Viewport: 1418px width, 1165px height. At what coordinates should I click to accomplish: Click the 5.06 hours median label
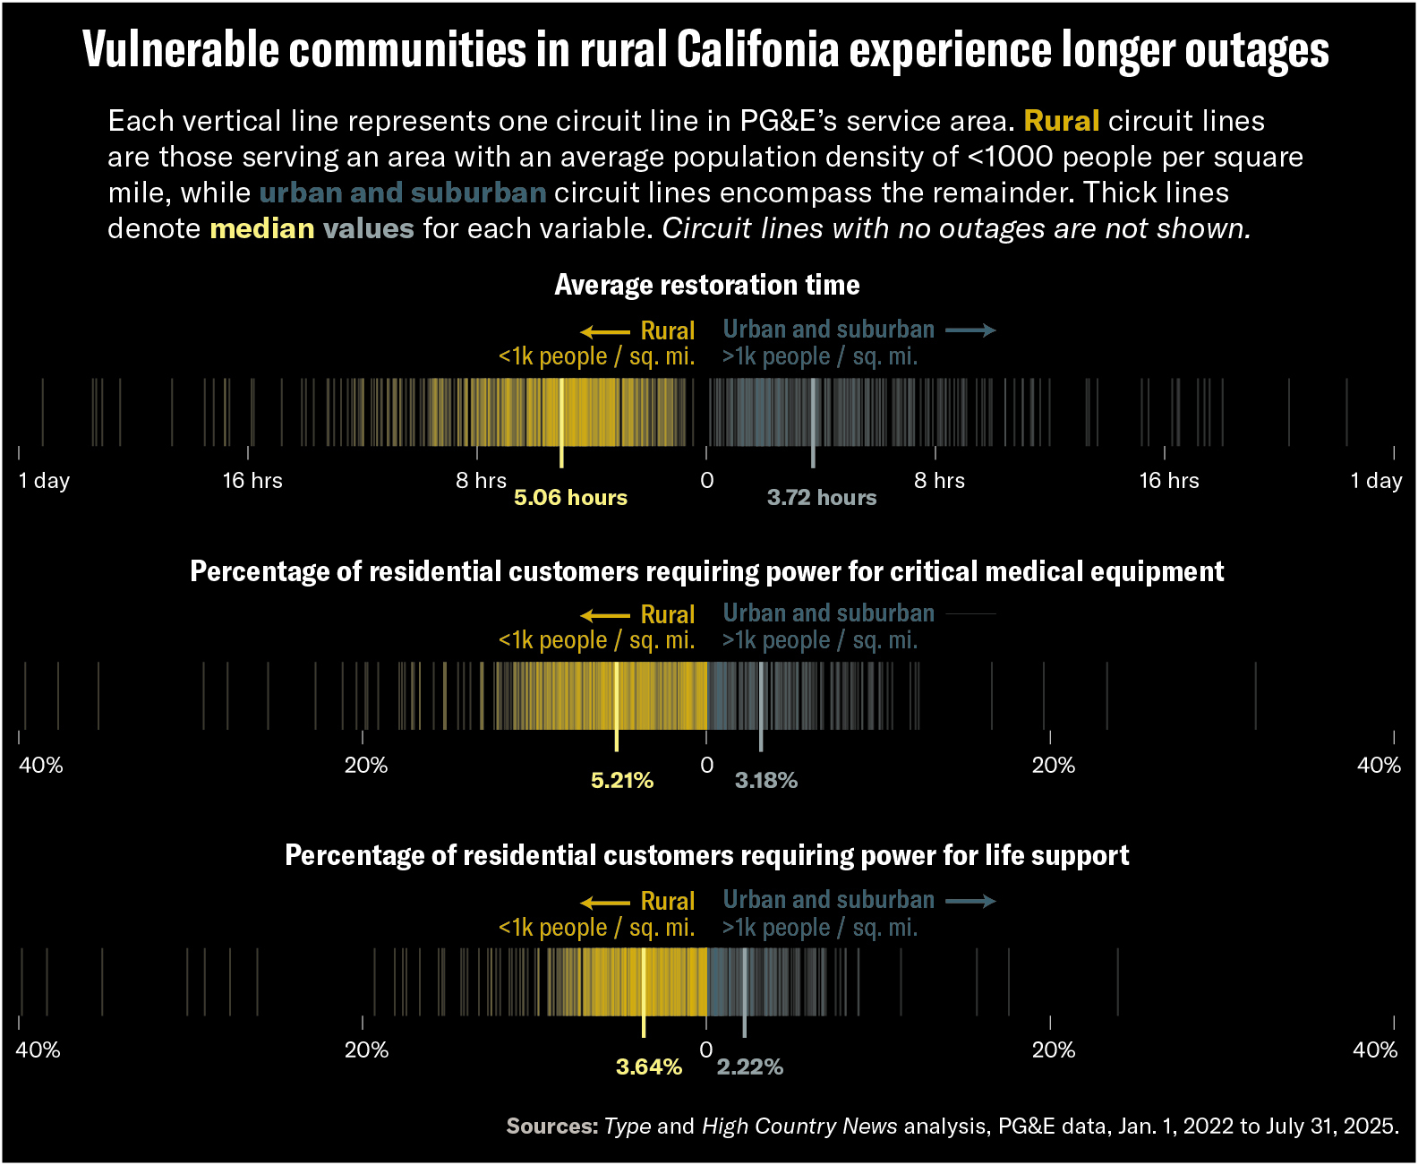pyautogui.click(x=570, y=498)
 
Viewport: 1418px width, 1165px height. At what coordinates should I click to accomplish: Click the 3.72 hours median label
pyautogui.click(x=822, y=498)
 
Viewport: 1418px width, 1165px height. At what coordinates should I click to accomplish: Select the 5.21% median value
pyautogui.click(x=622, y=781)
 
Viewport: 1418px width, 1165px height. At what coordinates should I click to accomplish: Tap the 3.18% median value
pyautogui.click(x=766, y=781)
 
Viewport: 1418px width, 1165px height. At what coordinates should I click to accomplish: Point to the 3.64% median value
pyautogui.click(x=649, y=1067)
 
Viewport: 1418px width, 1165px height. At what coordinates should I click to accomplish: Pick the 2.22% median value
pyautogui.click(x=750, y=1067)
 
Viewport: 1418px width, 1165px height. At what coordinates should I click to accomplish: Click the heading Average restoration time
pyautogui.click(x=707, y=285)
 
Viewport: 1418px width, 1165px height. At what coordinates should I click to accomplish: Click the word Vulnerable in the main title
pyautogui.click(x=181, y=50)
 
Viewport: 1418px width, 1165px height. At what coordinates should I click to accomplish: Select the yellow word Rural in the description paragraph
pyautogui.click(x=1062, y=121)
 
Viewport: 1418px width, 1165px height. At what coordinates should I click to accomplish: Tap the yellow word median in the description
pyautogui.click(x=262, y=228)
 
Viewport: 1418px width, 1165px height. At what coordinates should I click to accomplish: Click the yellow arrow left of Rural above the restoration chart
pyautogui.click(x=605, y=331)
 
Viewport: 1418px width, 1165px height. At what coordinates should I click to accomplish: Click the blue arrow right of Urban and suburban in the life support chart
pyautogui.click(x=970, y=901)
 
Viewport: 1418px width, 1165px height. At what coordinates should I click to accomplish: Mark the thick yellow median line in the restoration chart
pyautogui.click(x=561, y=421)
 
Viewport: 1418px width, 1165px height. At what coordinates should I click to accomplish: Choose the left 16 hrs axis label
pyautogui.click(x=252, y=481)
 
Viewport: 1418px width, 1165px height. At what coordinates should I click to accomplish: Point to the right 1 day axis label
pyautogui.click(x=1376, y=481)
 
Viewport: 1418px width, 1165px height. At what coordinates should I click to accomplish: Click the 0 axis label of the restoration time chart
pyautogui.click(x=707, y=481)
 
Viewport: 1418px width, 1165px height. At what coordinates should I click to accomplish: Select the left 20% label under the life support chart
pyautogui.click(x=366, y=1049)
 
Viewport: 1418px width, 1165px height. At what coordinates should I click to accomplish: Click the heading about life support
pyautogui.click(x=707, y=855)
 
